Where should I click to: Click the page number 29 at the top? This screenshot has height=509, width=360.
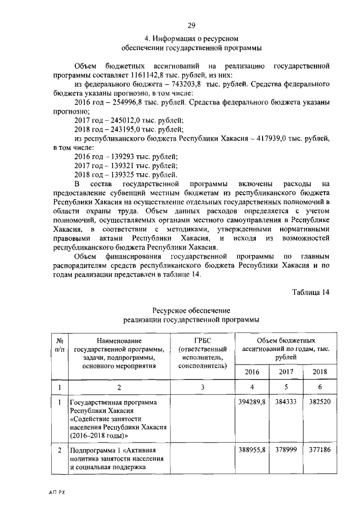coord(191,25)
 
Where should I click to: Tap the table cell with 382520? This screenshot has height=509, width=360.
coord(319,403)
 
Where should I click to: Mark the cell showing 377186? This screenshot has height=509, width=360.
coord(319,451)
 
